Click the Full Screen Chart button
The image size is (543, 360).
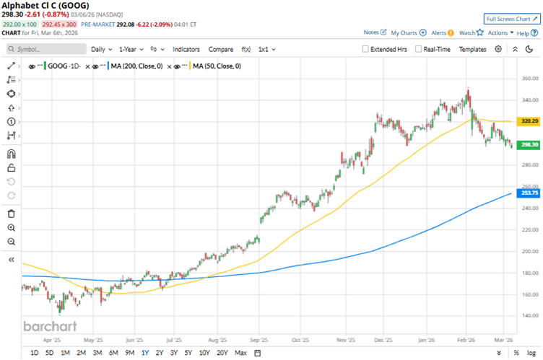tap(511, 18)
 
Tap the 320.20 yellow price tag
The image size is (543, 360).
tap(530, 121)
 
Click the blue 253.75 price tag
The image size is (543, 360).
tap(530, 193)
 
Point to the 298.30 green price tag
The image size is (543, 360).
tap(530, 144)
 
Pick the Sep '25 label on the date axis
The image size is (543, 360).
tap(259, 338)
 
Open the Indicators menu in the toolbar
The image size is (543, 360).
tap(186, 49)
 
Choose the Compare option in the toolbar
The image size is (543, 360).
tap(220, 49)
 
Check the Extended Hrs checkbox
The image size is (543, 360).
tap(366, 49)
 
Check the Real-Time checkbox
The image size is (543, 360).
tap(419, 49)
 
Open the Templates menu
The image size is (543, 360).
tap(473, 49)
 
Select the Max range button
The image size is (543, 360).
tap(240, 353)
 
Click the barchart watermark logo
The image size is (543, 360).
tap(48, 325)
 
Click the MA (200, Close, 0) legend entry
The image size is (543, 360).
tap(144, 66)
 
